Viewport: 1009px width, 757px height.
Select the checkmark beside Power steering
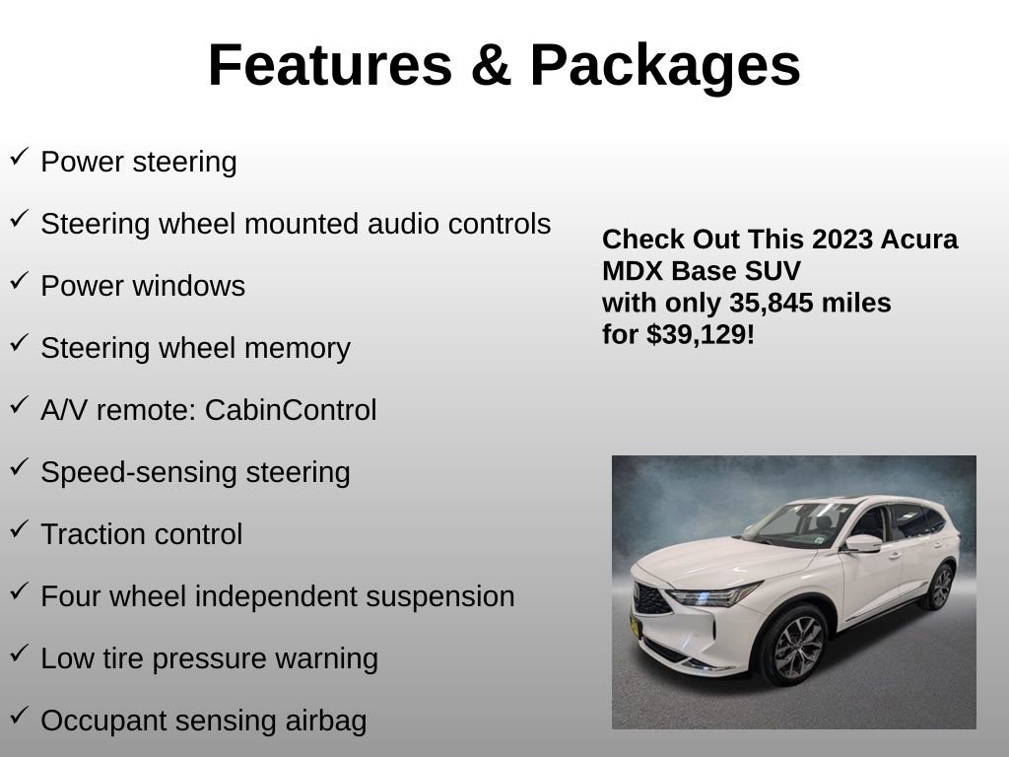click(19, 156)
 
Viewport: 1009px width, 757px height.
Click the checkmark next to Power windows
click(19, 281)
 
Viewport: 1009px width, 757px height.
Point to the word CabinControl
click(291, 410)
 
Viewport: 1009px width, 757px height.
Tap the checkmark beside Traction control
click(19, 529)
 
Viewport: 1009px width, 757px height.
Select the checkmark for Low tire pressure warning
click(19, 654)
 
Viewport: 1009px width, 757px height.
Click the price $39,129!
click(701, 334)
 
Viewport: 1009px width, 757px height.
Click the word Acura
click(918, 240)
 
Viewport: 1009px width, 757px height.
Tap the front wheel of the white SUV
click(792, 646)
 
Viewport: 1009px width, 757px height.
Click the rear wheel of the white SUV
click(940, 587)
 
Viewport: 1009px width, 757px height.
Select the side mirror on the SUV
click(861, 543)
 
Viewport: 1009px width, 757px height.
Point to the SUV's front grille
click(651, 597)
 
